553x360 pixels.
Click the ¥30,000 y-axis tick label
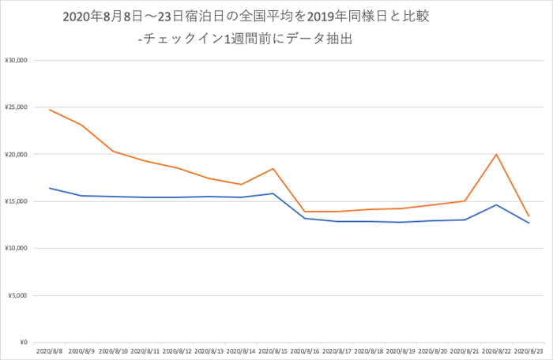pos(17,60)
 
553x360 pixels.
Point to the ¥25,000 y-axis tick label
pos(17,107)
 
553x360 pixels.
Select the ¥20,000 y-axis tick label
pos(17,154)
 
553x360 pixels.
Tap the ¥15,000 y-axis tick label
pos(17,201)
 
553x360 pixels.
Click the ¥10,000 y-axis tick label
pos(17,248)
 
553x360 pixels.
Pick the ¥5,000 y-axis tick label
pos(18,295)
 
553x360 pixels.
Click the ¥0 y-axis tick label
pos(23,343)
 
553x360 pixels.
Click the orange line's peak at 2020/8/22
pos(496,154)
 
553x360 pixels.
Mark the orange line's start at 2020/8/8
pos(50,110)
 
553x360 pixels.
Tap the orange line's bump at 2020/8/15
pos(273,169)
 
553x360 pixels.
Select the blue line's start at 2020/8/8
pos(50,188)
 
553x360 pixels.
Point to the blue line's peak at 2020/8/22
pos(496,204)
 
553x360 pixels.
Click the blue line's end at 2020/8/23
pos(529,223)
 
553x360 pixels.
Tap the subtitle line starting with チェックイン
pos(245,38)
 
